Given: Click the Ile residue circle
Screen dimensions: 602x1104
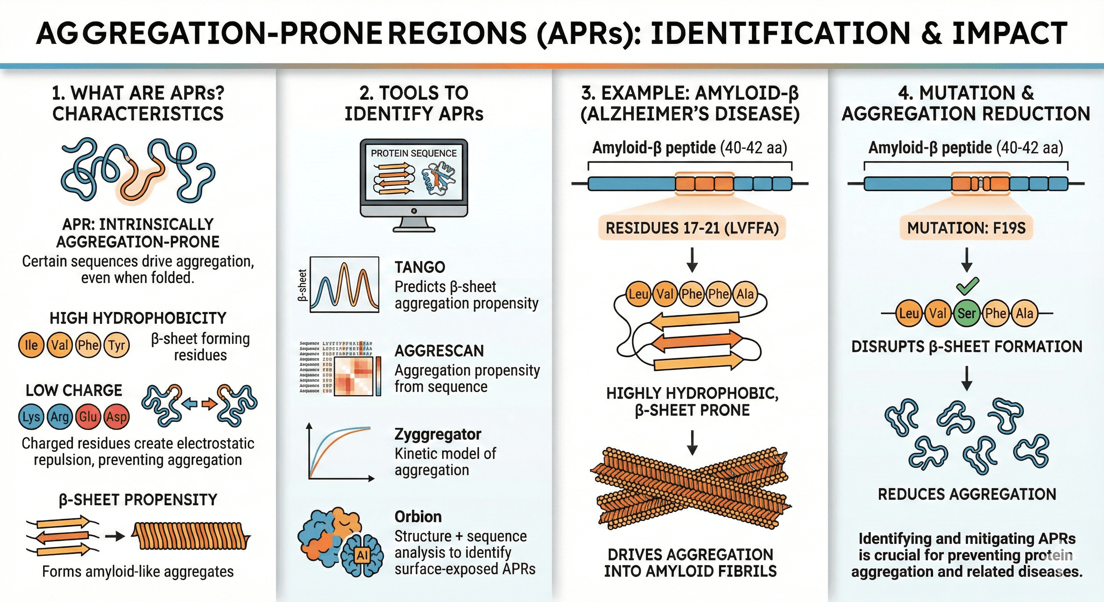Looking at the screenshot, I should tap(31, 345).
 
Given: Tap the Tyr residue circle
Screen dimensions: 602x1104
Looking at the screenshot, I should tap(116, 345).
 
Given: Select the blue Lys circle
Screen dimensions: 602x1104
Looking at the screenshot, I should tap(31, 417).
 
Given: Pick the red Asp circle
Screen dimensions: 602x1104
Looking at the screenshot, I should tap(116, 417).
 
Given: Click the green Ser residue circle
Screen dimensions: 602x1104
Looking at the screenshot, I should tap(966, 314).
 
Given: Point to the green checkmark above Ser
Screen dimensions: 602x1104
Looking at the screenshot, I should tap(967, 286).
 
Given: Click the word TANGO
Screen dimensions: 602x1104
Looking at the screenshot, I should tap(419, 267).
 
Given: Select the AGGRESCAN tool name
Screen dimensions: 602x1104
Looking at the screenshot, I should tap(439, 351).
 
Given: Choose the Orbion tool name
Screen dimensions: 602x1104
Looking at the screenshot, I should tap(418, 517).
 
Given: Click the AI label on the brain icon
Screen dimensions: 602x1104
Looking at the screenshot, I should tap(362, 556).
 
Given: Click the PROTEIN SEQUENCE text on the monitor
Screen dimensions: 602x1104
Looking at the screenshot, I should tap(414, 153).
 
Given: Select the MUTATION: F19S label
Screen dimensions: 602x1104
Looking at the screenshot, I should tap(966, 228).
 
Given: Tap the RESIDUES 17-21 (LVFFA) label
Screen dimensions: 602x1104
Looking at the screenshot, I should tap(692, 228).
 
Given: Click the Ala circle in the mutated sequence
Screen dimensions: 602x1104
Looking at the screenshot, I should tap(1024, 314).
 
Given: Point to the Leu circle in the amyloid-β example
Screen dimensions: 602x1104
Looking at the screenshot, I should tap(638, 294).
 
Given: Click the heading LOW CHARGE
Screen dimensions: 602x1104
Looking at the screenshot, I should tap(74, 390).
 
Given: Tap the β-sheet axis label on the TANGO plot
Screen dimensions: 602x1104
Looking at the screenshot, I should tap(303, 285).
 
